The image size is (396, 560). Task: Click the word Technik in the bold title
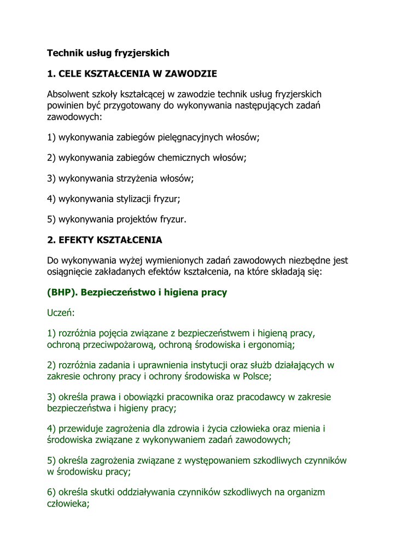coord(63,53)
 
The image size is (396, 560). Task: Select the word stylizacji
coord(137,199)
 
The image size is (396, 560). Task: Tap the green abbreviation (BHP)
coord(62,292)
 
